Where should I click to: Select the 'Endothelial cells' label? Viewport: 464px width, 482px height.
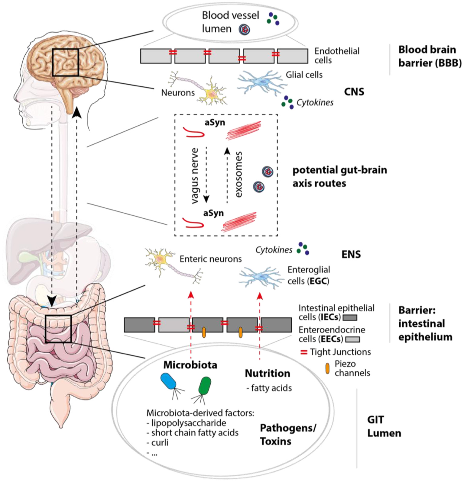tap(337, 56)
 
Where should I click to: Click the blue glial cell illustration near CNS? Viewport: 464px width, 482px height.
tap(260, 82)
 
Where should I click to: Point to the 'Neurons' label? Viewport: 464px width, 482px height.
tap(178, 93)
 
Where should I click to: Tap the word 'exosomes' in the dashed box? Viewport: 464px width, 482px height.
tap(238, 175)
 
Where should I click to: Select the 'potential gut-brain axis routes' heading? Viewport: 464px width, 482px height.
tap(339, 177)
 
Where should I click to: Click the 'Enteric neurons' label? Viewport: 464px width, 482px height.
tap(210, 259)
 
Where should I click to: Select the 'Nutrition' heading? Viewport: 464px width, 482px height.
tap(267, 374)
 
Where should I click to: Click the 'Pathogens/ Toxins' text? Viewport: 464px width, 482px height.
tap(287, 435)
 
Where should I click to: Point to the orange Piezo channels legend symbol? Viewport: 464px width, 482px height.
tap(327, 369)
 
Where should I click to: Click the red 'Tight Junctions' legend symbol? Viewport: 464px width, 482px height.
tap(304, 352)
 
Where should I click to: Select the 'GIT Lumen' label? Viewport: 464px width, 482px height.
tap(384, 426)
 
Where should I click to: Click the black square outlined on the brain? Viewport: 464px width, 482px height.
tap(65, 62)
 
